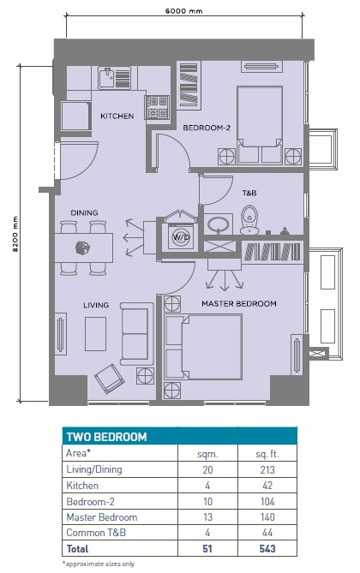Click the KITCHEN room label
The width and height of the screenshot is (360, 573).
click(117, 116)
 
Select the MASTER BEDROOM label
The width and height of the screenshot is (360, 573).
click(238, 304)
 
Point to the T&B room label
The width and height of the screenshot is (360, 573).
click(249, 193)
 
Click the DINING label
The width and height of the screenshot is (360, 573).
click(85, 212)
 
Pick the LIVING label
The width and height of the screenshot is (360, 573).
click(96, 304)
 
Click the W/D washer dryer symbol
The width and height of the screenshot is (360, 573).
click(181, 237)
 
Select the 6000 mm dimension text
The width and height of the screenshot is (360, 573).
click(184, 12)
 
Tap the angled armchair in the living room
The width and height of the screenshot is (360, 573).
click(108, 377)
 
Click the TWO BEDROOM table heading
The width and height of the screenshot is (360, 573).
click(99, 436)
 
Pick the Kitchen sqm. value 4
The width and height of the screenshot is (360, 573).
click(206, 485)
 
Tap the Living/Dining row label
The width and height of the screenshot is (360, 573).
click(94, 469)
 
